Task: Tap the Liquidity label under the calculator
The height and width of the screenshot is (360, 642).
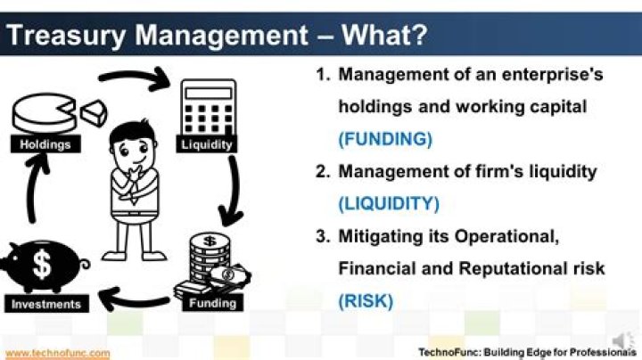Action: (207, 144)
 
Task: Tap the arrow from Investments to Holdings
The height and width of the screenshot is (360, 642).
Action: (33, 198)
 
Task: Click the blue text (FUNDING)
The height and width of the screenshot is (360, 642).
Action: (384, 140)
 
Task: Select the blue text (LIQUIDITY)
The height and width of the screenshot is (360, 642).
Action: (389, 204)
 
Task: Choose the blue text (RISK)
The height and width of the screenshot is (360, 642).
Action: (366, 300)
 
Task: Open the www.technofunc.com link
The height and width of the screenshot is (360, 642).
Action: (57, 353)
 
